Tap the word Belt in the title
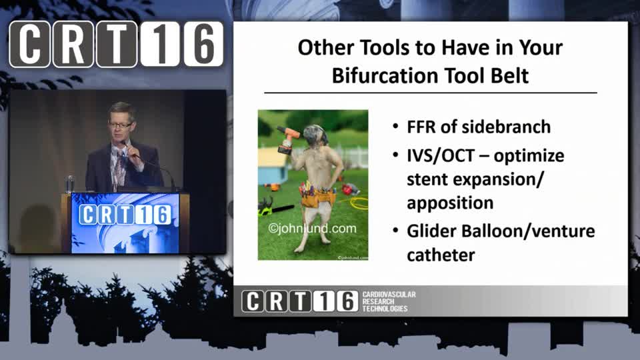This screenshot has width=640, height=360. [509, 75]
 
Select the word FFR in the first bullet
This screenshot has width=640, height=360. [421, 127]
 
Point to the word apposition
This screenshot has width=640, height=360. [450, 203]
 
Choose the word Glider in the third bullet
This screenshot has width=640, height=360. [431, 231]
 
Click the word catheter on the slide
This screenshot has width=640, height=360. [441, 255]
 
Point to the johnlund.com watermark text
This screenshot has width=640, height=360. [312, 228]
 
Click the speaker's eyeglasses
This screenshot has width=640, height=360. [120, 125]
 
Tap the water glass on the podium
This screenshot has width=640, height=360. [70, 184]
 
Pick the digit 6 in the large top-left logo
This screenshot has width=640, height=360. [203, 44]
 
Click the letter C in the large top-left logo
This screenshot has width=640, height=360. [29, 44]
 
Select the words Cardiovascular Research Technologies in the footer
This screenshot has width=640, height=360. [389, 301]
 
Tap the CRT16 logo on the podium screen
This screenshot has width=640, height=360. [125, 215]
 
